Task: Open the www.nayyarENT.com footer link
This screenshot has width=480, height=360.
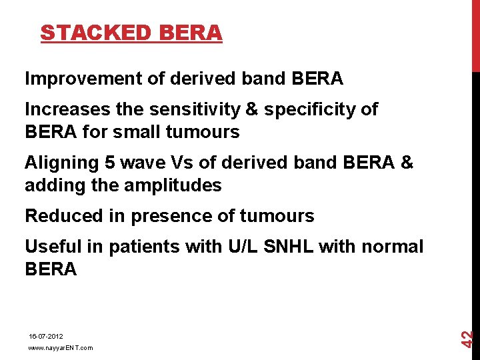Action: (x=60, y=347)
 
